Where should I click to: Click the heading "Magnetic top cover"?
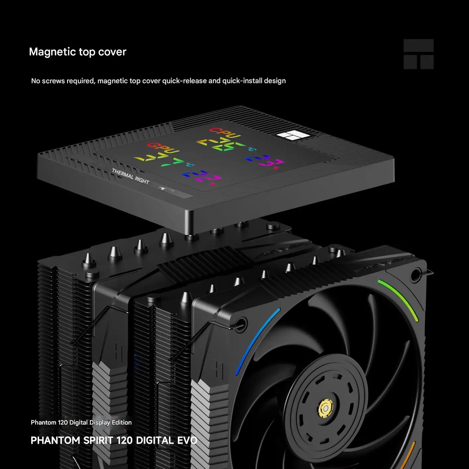coord(78,52)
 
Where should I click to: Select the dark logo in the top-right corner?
coord(419,54)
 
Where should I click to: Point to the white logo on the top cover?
coord(293,135)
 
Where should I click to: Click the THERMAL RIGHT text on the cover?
coord(130,176)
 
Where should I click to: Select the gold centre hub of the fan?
coord(325,408)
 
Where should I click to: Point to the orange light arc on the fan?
coord(408,454)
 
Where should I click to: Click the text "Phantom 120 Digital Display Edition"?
coord(81,423)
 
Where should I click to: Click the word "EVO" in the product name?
coord(187,440)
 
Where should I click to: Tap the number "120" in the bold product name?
coord(125,440)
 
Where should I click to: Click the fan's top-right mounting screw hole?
coord(415,275)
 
